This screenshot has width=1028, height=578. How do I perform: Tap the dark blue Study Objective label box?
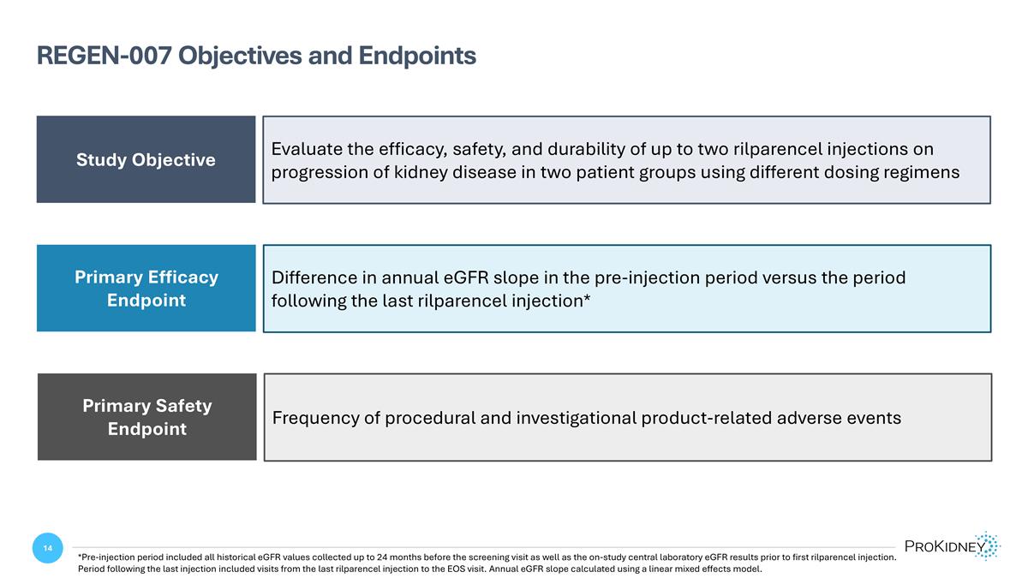pyautogui.click(x=146, y=159)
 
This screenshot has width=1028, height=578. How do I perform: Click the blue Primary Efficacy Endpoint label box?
pyautogui.click(x=146, y=289)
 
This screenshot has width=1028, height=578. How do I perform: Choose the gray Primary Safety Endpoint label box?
pyautogui.click(x=146, y=417)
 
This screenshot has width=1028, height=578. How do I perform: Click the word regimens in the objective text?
pyautogui.click(x=922, y=172)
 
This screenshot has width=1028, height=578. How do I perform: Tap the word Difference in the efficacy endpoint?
pyautogui.click(x=314, y=278)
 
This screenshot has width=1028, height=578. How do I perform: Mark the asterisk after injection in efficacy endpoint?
pyautogui.click(x=587, y=300)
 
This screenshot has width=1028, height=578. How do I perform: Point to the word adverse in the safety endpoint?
pyautogui.click(x=806, y=418)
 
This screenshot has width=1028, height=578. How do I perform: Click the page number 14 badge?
pyautogui.click(x=47, y=548)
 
